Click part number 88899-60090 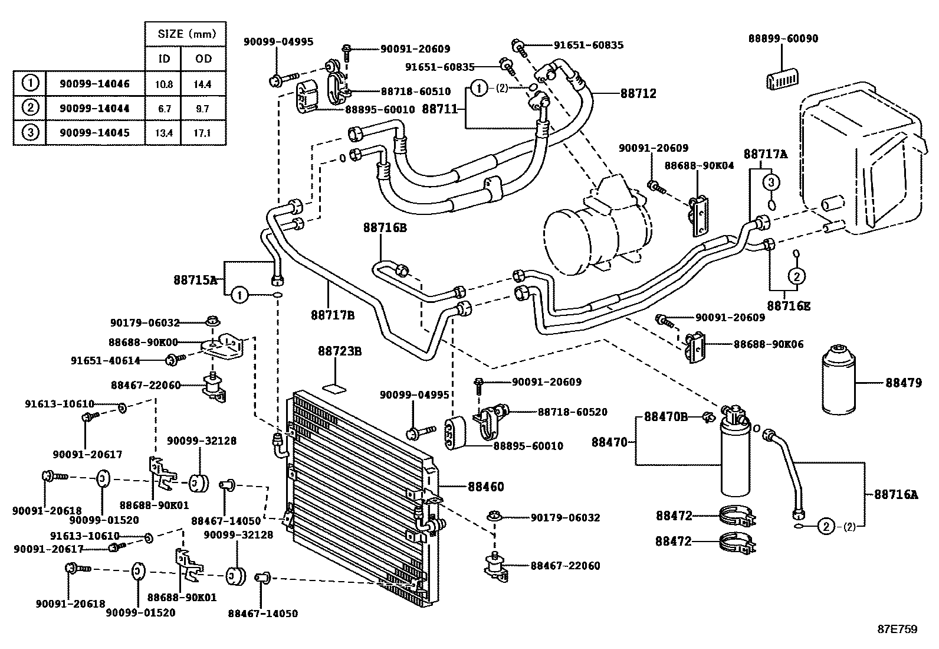783,38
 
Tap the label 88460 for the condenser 486,487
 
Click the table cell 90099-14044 94,109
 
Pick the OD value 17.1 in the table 202,133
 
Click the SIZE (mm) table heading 185,34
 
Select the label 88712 638,93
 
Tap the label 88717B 333,315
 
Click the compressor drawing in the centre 596,230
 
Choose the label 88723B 340,351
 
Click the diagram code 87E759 897,630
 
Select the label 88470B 666,417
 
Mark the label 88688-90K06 768,344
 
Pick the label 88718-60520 572,412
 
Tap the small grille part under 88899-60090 782,77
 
